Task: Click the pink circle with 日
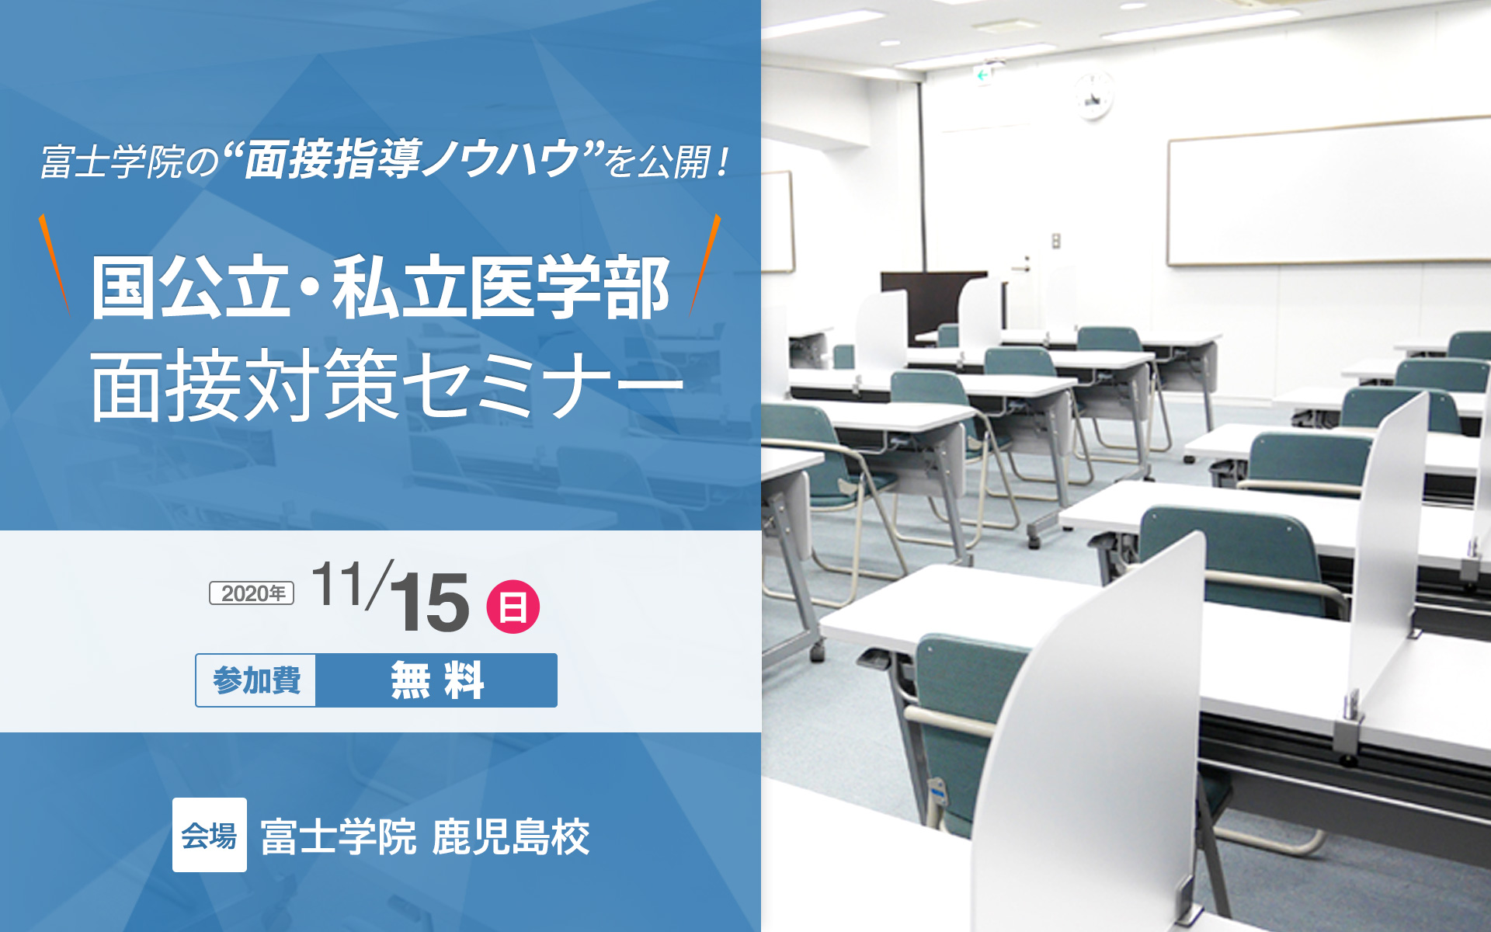(513, 606)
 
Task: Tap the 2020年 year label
(252, 593)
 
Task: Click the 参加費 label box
(256, 680)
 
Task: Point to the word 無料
(437, 680)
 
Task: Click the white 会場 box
(210, 835)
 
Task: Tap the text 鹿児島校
(511, 836)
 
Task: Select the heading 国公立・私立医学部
(381, 287)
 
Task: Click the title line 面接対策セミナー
(387, 384)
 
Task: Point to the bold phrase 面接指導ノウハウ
(412, 160)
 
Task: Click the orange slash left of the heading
(54, 264)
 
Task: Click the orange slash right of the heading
(706, 264)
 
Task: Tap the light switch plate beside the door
(1055, 242)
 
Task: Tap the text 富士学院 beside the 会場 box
(339, 836)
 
